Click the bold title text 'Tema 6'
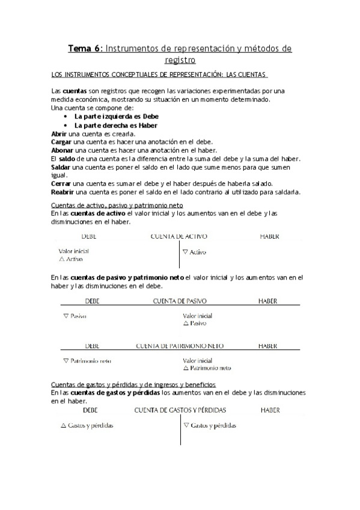85,49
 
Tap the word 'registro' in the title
179,60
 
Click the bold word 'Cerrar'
61,183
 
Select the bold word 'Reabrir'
64,192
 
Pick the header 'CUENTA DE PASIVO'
179,300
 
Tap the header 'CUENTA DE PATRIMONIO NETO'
180,346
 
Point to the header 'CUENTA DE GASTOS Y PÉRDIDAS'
180,410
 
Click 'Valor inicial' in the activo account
74,251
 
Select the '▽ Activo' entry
194,253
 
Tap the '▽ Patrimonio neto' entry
87,361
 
